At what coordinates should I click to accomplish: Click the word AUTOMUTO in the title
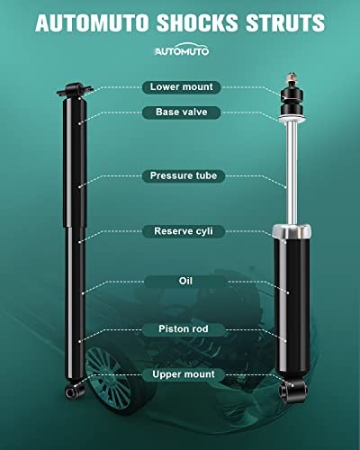coord(93,22)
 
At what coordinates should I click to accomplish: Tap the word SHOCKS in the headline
coord(197,22)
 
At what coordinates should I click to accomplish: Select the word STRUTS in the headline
coord(285,22)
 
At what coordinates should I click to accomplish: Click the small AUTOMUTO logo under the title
coord(182,49)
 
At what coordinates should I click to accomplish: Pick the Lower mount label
coord(182,87)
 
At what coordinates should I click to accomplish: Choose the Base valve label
coord(182,112)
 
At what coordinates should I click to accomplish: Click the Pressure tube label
coord(184,175)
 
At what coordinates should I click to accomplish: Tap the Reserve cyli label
coord(184,231)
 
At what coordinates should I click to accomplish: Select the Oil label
coord(185,282)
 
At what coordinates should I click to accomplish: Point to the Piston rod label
coord(184,329)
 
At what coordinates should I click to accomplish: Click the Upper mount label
coord(184,374)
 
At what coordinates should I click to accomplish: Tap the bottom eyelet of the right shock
coord(292,390)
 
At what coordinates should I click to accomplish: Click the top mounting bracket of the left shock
coord(75,90)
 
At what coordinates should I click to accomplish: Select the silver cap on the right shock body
coord(292,231)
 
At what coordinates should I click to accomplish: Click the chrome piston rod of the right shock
coord(292,173)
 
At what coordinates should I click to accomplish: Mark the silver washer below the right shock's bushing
coord(292,118)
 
